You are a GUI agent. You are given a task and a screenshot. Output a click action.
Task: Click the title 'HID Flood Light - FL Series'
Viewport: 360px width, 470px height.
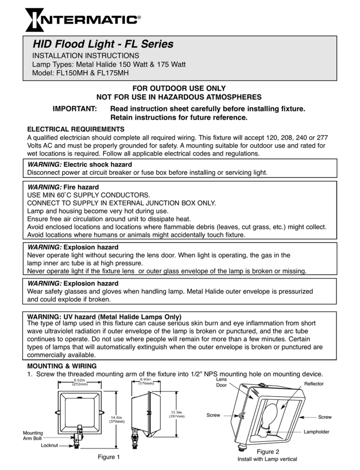click(103, 45)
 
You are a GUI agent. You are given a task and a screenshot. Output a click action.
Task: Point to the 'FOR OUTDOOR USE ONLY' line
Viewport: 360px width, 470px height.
click(180, 89)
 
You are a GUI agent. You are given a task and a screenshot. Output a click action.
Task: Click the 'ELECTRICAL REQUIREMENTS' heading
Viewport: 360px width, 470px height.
click(76, 129)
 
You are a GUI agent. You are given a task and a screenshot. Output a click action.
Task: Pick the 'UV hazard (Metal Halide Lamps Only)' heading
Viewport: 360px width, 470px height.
click(105, 316)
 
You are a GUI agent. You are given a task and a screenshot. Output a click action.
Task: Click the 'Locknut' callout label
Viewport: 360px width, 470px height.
click(49, 445)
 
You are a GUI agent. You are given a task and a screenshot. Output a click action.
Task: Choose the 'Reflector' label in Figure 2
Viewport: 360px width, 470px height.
click(314, 384)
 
